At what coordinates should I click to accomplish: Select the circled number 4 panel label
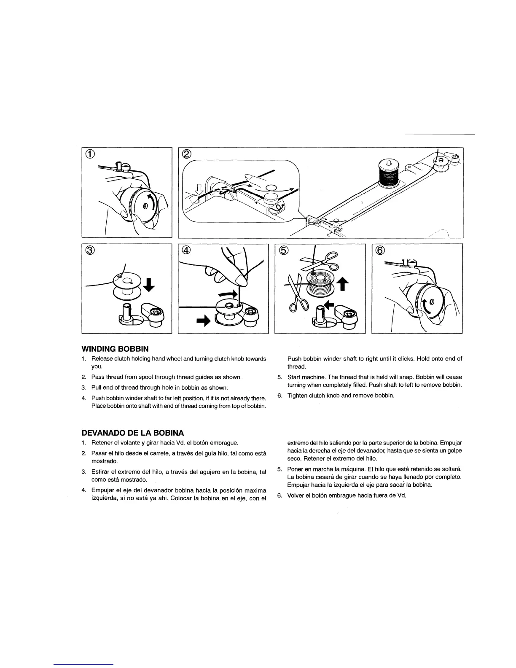[x=186, y=250]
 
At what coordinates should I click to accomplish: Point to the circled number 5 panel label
[x=283, y=250]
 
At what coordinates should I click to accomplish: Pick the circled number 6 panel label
[x=380, y=250]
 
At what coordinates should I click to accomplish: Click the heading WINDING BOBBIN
[x=115, y=349]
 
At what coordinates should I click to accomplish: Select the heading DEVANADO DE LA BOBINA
[x=132, y=433]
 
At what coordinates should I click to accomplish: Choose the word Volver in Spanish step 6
[x=295, y=496]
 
